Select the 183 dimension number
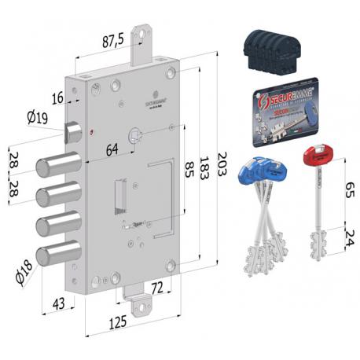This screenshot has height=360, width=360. coord(203,167)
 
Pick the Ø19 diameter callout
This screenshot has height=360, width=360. coord(37,118)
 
